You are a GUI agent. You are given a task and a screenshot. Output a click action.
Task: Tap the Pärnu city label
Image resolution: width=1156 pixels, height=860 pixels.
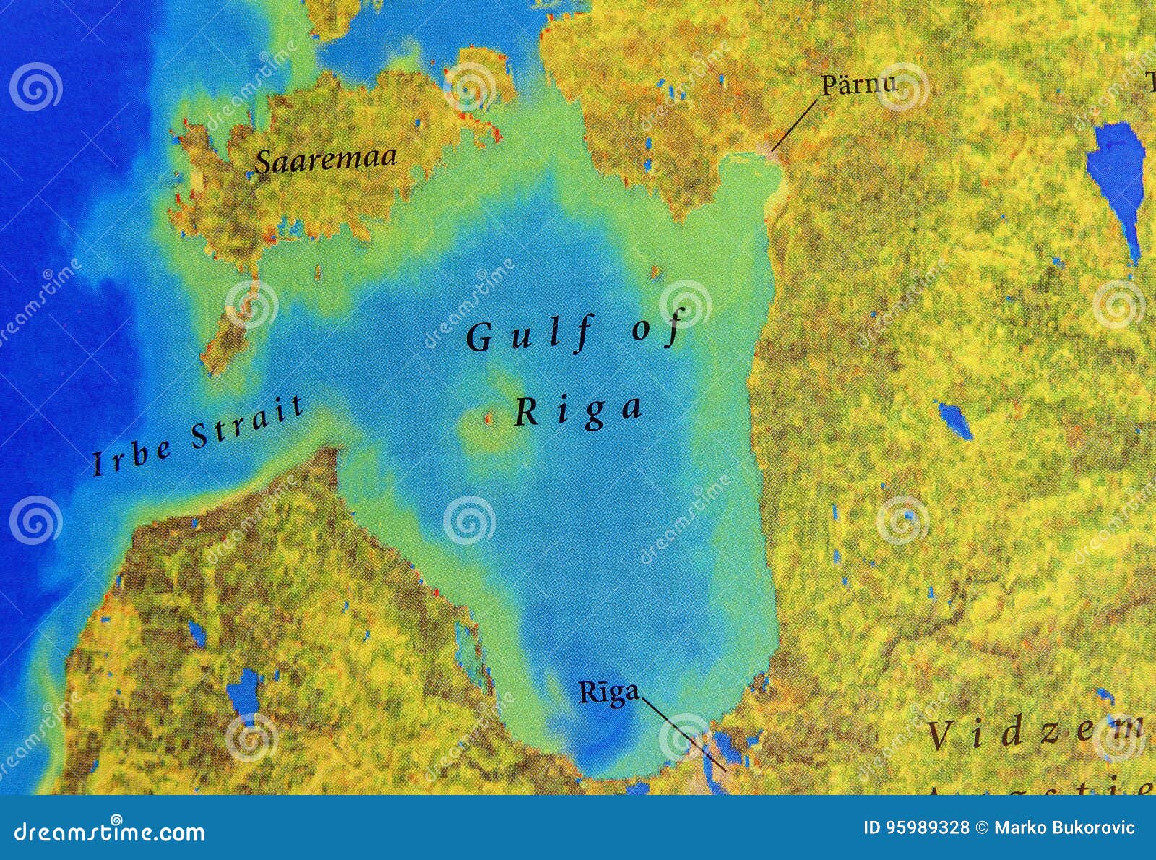coord(858,84)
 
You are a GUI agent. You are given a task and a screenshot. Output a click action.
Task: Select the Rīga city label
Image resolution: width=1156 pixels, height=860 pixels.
coord(609,692)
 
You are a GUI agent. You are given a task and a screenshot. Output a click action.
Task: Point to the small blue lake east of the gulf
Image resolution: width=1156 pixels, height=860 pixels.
coord(954,419)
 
